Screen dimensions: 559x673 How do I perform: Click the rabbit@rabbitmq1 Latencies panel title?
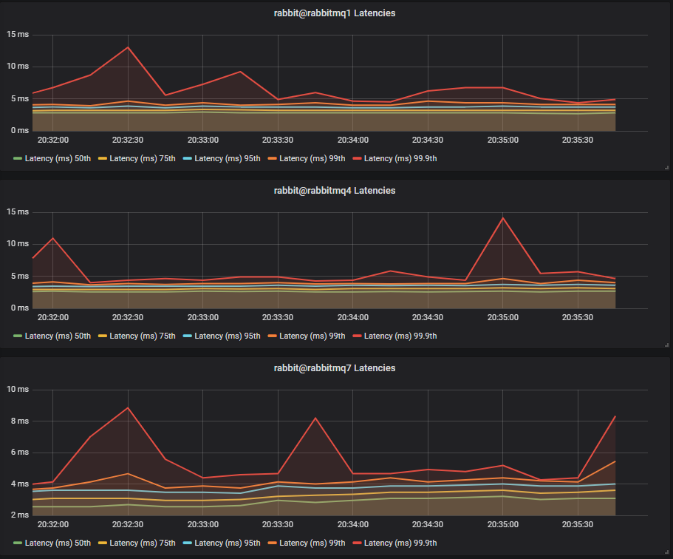coord(334,13)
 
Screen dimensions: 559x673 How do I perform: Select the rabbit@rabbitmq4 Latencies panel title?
coord(334,191)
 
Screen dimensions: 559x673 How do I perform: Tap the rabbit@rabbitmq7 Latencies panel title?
coord(334,368)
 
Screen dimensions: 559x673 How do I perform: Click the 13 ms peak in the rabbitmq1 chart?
coord(128,47)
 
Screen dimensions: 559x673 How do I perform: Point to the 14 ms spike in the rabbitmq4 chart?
coord(503,217)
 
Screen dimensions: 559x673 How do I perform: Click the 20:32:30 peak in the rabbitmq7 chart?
coord(128,407)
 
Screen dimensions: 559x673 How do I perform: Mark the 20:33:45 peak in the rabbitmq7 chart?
coord(315,419)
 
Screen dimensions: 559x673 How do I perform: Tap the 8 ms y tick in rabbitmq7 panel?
coord(19,421)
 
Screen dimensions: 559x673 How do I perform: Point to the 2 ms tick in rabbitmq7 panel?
coord(19,515)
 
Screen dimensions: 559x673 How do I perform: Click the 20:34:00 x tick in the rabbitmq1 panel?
coord(353,139)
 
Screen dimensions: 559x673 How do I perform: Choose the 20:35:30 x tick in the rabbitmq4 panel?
coord(578,316)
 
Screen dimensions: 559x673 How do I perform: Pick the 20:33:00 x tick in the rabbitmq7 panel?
coord(203,524)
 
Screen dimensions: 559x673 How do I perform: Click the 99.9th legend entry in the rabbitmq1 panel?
coord(400,158)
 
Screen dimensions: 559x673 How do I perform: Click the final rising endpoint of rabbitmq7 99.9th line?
coord(615,416)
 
